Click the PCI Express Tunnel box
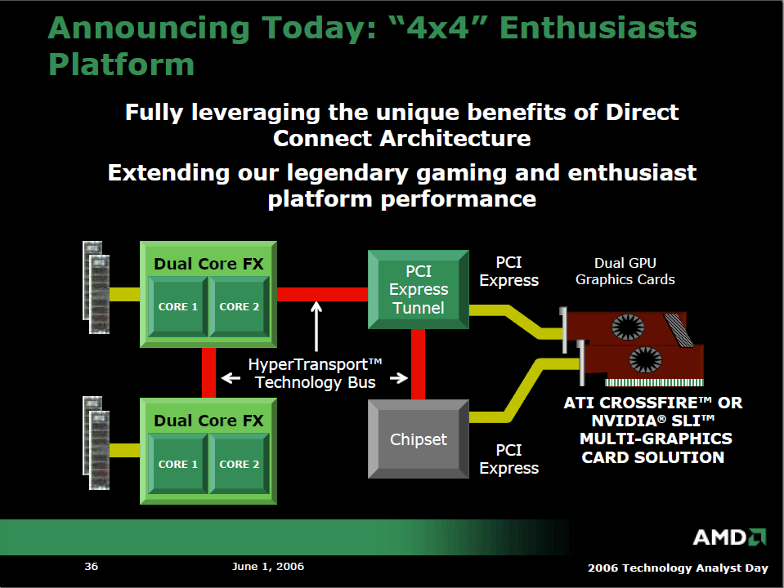(419, 290)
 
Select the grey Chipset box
(419, 439)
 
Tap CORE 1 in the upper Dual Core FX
(178, 306)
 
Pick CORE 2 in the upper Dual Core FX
(239, 306)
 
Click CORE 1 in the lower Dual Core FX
(178, 464)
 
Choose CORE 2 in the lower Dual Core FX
(239, 464)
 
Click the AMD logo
(729, 537)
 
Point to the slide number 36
(91, 567)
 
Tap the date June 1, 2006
(268, 567)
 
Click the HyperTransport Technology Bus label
(315, 373)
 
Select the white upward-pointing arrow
(316, 326)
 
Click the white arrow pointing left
(231, 377)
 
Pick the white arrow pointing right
(398, 377)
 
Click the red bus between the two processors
(208, 372)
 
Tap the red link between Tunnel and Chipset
(418, 364)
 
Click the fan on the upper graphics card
(628, 327)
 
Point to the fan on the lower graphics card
(646, 359)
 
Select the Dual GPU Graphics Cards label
(625, 271)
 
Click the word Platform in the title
(122, 65)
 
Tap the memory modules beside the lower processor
(96, 443)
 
